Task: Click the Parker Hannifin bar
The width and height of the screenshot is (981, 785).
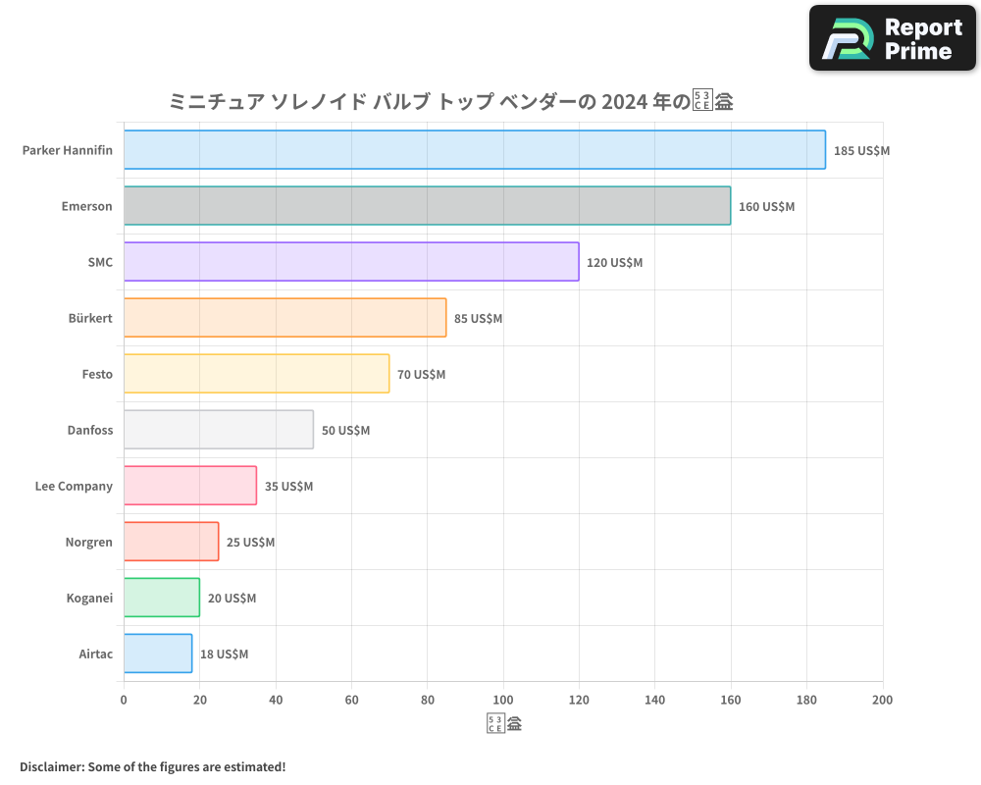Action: [x=474, y=150]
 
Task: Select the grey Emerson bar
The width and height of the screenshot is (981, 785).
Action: [x=427, y=206]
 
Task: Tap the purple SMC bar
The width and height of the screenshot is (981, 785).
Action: [x=351, y=262]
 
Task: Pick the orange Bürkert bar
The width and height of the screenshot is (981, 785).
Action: [x=284, y=318]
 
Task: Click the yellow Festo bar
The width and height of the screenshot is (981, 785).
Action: [x=256, y=374]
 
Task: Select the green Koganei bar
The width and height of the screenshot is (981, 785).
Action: [x=162, y=598]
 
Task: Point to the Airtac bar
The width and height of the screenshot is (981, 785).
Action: [x=158, y=654]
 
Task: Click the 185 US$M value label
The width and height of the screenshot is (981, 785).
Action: [x=861, y=151]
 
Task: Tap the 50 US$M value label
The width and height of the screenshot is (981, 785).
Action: [x=345, y=431]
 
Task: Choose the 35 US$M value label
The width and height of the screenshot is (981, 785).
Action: [x=288, y=487]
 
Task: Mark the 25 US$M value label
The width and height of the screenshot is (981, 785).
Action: [x=250, y=543]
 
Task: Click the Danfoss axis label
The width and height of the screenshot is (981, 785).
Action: [x=89, y=430]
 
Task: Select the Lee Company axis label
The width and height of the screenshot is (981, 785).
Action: [x=74, y=486]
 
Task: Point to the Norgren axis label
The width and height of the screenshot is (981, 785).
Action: [x=88, y=542]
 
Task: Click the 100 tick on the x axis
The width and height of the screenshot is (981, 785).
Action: [x=503, y=700]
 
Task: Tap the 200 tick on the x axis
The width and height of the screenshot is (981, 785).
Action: [x=882, y=700]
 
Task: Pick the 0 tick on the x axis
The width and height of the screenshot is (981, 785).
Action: [x=124, y=700]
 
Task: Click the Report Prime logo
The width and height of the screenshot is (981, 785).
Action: [x=893, y=38]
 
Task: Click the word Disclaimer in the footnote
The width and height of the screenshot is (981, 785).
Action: [x=50, y=766]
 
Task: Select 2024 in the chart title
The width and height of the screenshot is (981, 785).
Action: [x=625, y=101]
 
